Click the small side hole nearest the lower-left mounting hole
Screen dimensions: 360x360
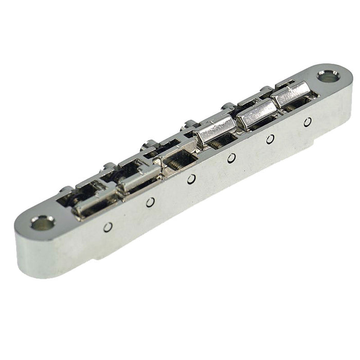click(x=107, y=227)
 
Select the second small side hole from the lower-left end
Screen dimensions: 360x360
click(x=150, y=202)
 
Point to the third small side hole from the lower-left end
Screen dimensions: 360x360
click(x=191, y=178)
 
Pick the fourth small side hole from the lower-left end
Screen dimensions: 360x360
click(x=231, y=157)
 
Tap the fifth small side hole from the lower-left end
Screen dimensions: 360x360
click(x=270, y=138)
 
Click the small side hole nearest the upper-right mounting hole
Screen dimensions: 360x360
click(x=308, y=121)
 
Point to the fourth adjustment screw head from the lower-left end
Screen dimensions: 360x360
click(x=189, y=124)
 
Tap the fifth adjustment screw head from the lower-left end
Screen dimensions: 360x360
click(x=227, y=106)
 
